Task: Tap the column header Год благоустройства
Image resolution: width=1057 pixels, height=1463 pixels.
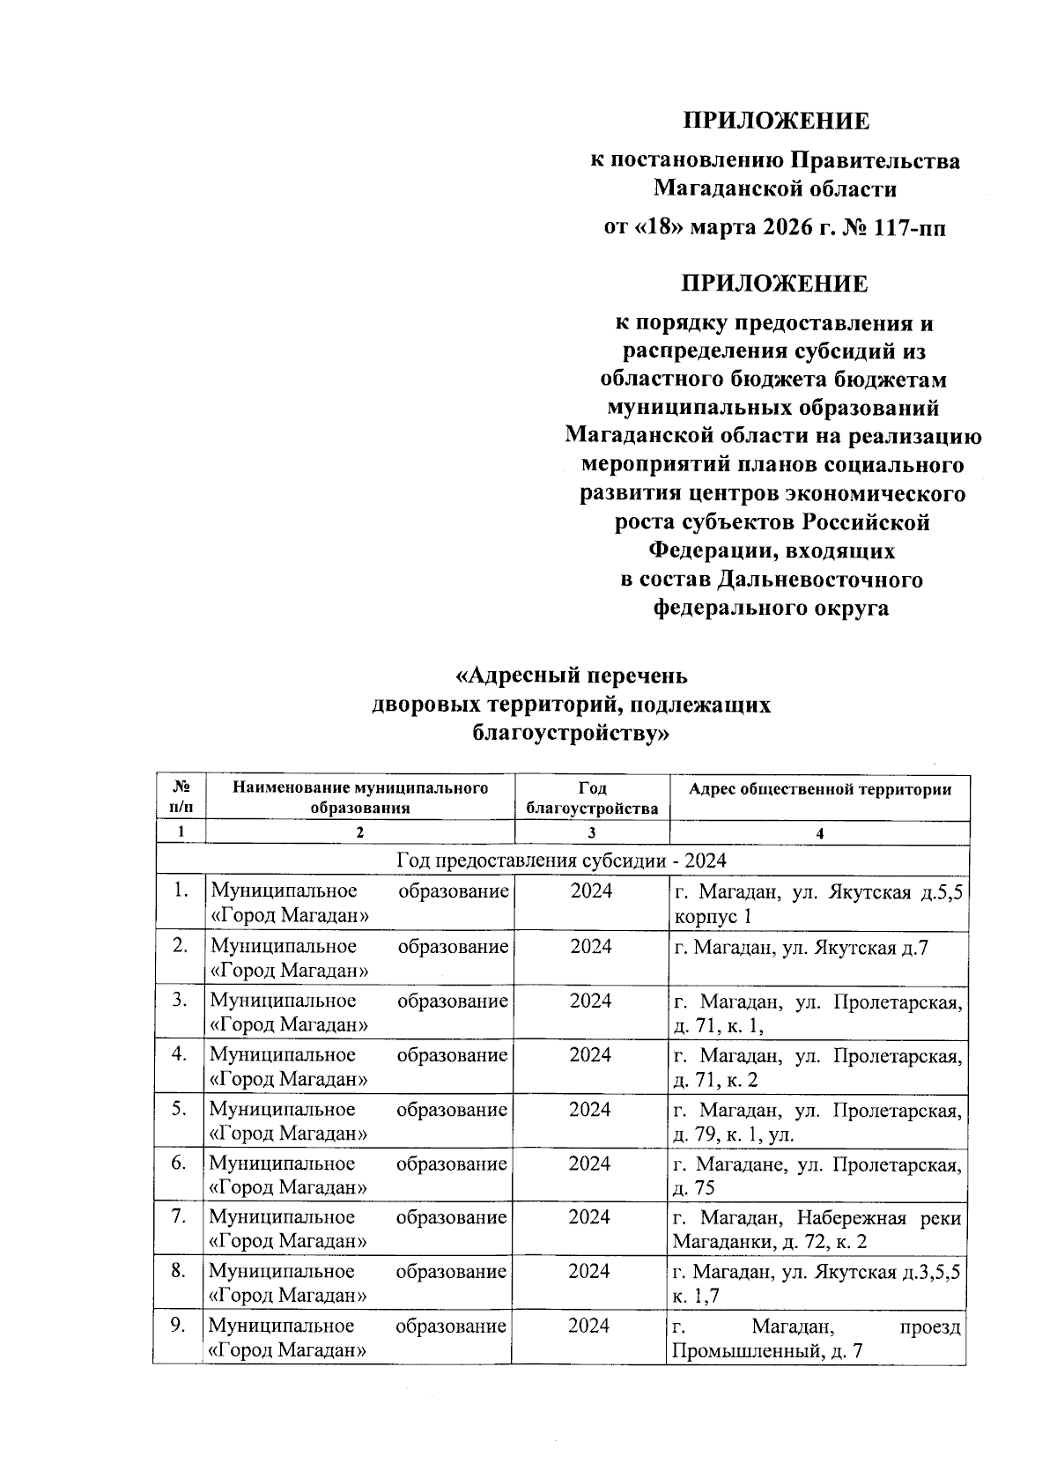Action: (x=591, y=798)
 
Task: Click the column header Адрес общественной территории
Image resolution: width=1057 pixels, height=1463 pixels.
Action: (x=819, y=789)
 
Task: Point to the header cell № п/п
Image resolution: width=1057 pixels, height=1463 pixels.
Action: (x=181, y=797)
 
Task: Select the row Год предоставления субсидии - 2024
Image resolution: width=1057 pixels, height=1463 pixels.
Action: (x=561, y=861)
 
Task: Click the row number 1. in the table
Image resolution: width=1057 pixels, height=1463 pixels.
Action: (x=181, y=890)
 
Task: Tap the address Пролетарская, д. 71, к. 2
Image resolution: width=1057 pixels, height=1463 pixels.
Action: (x=817, y=1068)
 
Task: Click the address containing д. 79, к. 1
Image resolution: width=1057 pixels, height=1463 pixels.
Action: (x=817, y=1122)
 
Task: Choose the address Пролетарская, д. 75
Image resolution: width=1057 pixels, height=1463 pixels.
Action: (x=817, y=1176)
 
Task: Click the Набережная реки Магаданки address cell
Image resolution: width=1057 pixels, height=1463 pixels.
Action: (x=817, y=1230)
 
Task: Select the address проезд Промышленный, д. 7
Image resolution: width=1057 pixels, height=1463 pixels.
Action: (x=817, y=1339)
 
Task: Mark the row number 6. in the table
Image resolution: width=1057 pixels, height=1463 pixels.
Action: (x=180, y=1163)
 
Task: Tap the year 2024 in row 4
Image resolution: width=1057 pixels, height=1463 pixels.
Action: (x=590, y=1054)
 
